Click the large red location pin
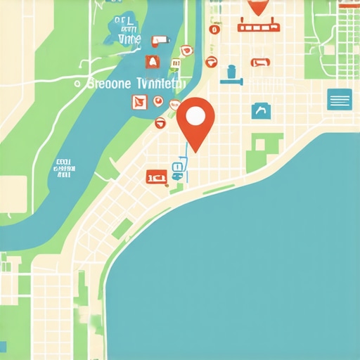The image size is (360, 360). (x=195, y=124)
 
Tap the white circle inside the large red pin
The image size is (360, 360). (x=195, y=115)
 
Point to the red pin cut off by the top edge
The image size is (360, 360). (x=259, y=6)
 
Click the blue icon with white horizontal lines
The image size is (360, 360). (x=340, y=100)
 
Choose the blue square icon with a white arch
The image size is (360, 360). (x=261, y=110)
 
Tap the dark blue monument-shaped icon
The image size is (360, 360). (x=231, y=75)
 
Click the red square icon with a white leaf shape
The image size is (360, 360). (x=139, y=103)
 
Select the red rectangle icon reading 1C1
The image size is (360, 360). (x=156, y=176)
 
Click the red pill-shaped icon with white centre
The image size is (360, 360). (x=260, y=63)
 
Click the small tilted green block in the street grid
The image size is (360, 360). (x=122, y=229)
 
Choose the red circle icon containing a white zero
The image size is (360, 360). (x=215, y=30)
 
